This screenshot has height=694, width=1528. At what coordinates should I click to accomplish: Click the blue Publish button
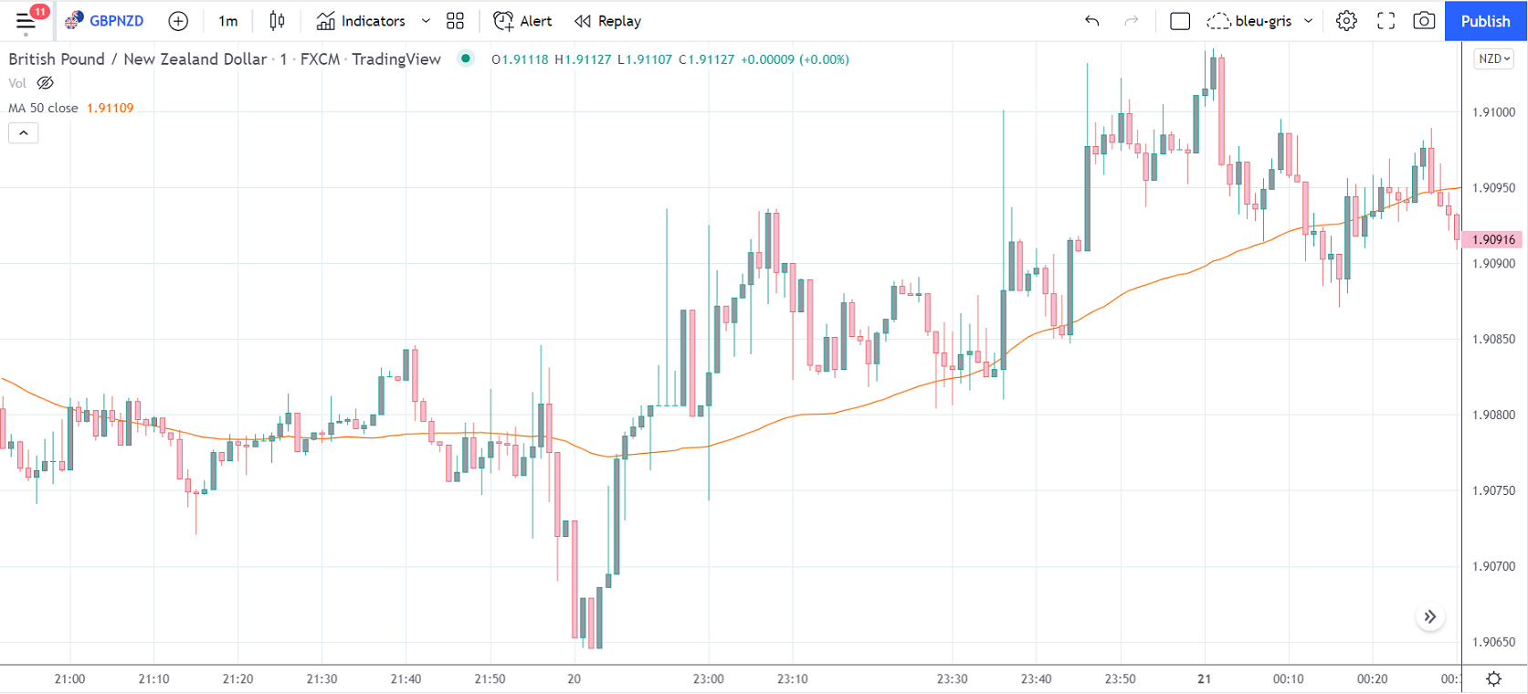[1485, 21]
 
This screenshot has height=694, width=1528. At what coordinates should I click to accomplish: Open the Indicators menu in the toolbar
[362, 21]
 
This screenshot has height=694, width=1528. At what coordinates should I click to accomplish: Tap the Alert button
[522, 21]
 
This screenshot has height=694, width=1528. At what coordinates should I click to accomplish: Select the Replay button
[608, 21]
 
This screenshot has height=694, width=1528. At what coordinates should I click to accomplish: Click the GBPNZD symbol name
[116, 21]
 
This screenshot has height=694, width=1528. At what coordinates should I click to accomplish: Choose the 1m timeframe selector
[227, 21]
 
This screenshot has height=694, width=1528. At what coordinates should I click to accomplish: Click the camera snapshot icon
[1423, 21]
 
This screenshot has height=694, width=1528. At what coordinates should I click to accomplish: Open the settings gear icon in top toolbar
[1346, 21]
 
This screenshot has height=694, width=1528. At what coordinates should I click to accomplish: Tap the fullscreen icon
[1386, 21]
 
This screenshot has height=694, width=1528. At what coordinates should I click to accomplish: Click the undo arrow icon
[1092, 21]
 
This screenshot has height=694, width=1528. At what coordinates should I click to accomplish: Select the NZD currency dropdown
[1494, 58]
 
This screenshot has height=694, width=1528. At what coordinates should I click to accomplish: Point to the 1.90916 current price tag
[1493, 239]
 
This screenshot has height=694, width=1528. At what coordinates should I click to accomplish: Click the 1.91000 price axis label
[1493, 112]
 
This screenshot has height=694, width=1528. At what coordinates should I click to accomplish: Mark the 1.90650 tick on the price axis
[1493, 642]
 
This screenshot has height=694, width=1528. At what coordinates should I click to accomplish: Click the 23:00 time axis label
[708, 678]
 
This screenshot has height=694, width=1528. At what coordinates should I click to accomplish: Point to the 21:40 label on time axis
[406, 678]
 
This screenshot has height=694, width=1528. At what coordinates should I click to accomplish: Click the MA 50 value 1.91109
[110, 108]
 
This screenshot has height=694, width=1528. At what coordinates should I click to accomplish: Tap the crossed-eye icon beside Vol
[45, 83]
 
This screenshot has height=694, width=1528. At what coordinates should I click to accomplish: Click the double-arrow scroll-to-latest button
[1430, 617]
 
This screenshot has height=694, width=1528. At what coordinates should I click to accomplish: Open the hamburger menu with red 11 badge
[26, 21]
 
